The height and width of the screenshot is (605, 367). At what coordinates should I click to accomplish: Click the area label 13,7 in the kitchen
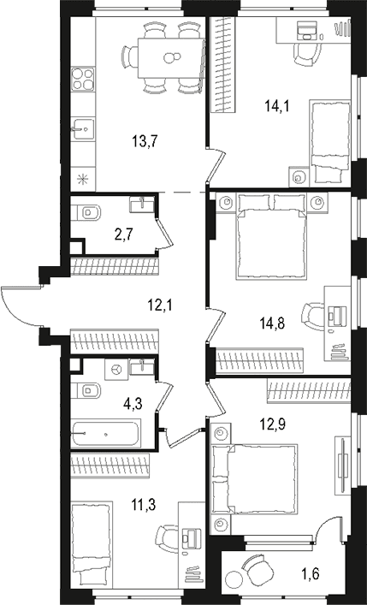click(x=145, y=142)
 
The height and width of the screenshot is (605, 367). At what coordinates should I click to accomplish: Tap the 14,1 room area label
click(x=277, y=105)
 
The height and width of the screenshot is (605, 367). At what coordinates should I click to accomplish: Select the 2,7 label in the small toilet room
click(x=123, y=234)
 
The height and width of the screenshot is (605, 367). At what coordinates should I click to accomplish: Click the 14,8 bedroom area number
click(x=272, y=323)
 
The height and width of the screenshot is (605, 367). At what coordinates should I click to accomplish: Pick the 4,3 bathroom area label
click(x=133, y=404)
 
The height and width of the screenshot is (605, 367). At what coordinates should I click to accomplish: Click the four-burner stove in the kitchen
click(x=83, y=79)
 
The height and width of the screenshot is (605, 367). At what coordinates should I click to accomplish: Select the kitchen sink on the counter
click(x=83, y=130)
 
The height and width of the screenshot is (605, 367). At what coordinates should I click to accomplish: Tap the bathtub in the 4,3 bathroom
click(x=105, y=434)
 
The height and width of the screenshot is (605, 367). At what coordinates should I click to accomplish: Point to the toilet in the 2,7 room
click(x=86, y=212)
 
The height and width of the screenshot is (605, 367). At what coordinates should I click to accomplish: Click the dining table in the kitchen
click(x=170, y=58)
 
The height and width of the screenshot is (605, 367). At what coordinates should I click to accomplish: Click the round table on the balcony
click(x=233, y=579)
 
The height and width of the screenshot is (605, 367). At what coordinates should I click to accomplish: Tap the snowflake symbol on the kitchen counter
click(x=83, y=179)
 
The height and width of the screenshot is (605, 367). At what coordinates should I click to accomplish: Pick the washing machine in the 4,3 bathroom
click(x=116, y=370)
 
